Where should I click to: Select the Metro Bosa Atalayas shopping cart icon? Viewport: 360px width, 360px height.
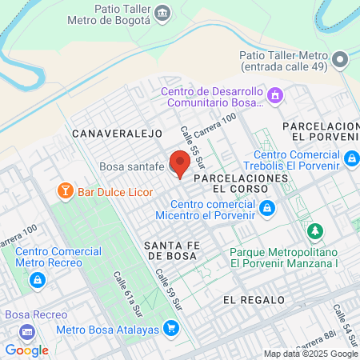click(x=170, y=327)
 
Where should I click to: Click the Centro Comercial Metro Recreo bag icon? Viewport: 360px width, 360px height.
click(x=37, y=280)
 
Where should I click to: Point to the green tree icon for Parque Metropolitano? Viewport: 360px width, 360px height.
click(x=317, y=232)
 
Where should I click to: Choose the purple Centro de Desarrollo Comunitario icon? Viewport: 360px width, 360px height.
click(x=275, y=96)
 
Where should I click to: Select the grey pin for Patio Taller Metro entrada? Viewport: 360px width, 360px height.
click(x=341, y=59)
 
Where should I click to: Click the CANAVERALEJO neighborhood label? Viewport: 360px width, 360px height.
click(x=117, y=134)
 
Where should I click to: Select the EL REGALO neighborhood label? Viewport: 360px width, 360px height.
click(x=254, y=299)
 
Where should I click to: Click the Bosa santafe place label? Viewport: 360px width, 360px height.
click(x=130, y=166)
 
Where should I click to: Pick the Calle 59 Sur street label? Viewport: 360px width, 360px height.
click(x=170, y=289)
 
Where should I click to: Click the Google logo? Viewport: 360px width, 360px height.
click(x=26, y=350)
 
